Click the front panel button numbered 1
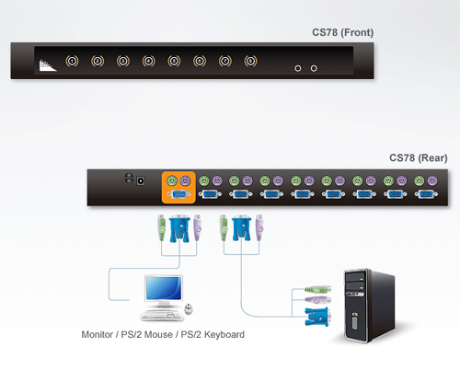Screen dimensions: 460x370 coord(72,61)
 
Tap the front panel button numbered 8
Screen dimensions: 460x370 coord(250,61)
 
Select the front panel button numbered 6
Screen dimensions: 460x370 coord(200,61)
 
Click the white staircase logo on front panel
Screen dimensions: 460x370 coord(48,65)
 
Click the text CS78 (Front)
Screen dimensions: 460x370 coord(343,32)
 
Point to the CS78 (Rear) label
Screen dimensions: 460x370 coord(419,158)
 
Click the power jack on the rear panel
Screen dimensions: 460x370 coord(141,180)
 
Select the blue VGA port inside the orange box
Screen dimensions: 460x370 coord(178,194)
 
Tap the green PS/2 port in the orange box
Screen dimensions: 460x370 coord(172,180)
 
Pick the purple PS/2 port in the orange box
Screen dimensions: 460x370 coord(185,180)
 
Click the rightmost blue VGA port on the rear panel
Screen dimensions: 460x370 coord(426,194)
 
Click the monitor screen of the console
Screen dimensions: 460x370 coord(164,288)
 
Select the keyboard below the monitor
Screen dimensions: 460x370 coord(162,315)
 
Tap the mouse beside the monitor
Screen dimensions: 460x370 coord(189,309)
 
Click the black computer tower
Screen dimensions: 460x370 coord(369,306)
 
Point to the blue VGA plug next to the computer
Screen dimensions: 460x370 coord(317,317)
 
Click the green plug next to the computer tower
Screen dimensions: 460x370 coord(318,289)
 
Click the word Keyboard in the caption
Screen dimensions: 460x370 coord(224,335)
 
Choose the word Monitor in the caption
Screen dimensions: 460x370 coord(98,334)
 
